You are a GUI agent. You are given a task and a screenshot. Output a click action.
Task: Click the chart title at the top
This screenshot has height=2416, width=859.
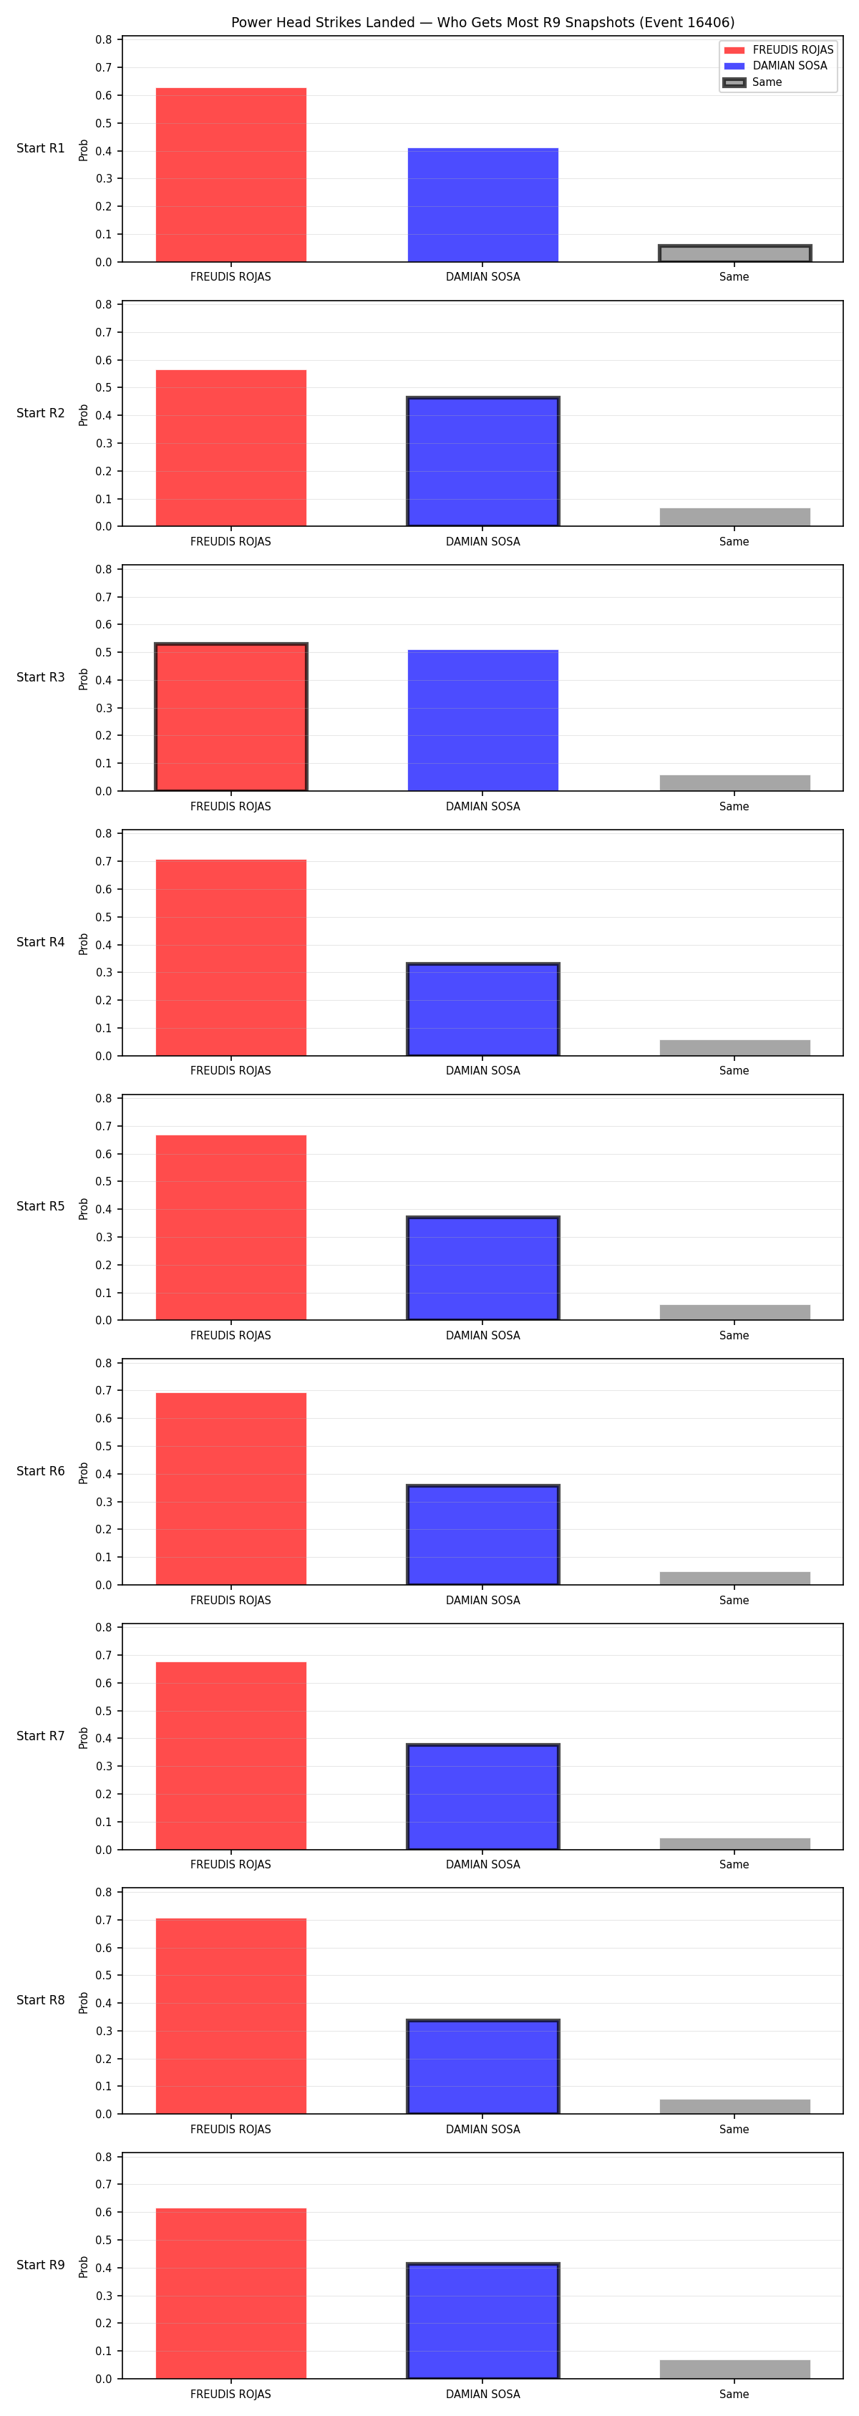[x=483, y=22]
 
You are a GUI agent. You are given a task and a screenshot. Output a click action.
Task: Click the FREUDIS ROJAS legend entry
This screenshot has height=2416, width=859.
[x=778, y=49]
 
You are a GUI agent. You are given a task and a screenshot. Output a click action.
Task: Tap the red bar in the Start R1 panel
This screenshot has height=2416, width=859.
[x=230, y=175]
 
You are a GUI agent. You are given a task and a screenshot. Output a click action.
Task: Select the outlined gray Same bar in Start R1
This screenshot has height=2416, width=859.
[x=734, y=253]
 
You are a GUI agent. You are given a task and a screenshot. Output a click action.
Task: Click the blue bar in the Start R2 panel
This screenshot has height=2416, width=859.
[x=483, y=462]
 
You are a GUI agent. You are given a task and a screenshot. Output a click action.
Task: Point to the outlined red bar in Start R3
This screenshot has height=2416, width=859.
[x=230, y=717]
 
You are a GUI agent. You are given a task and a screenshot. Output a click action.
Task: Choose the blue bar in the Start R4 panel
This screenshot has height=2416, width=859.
[x=483, y=1009]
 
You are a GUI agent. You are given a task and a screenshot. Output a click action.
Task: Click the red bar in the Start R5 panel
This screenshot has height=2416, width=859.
[x=230, y=1228]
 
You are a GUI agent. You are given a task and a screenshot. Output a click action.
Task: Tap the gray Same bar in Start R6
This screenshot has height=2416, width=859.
[x=734, y=1578]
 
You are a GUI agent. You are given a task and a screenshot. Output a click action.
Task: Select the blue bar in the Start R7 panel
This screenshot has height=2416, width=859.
[x=483, y=1797]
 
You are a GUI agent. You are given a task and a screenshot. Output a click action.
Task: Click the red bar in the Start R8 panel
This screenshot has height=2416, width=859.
[x=230, y=2017]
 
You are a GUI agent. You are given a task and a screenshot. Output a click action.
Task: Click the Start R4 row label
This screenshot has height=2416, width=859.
[x=40, y=941]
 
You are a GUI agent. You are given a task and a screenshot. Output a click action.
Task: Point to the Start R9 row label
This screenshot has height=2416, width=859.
[x=40, y=2265]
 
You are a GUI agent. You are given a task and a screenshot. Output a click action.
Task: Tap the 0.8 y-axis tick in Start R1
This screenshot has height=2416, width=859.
[x=103, y=39]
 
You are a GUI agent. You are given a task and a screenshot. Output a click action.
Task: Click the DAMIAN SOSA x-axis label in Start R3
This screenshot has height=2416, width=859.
[x=483, y=807]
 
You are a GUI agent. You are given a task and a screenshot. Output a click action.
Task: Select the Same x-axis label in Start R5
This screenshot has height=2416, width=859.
[x=734, y=1336]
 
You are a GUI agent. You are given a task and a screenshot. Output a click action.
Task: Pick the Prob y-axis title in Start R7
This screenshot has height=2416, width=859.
[x=84, y=1738]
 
